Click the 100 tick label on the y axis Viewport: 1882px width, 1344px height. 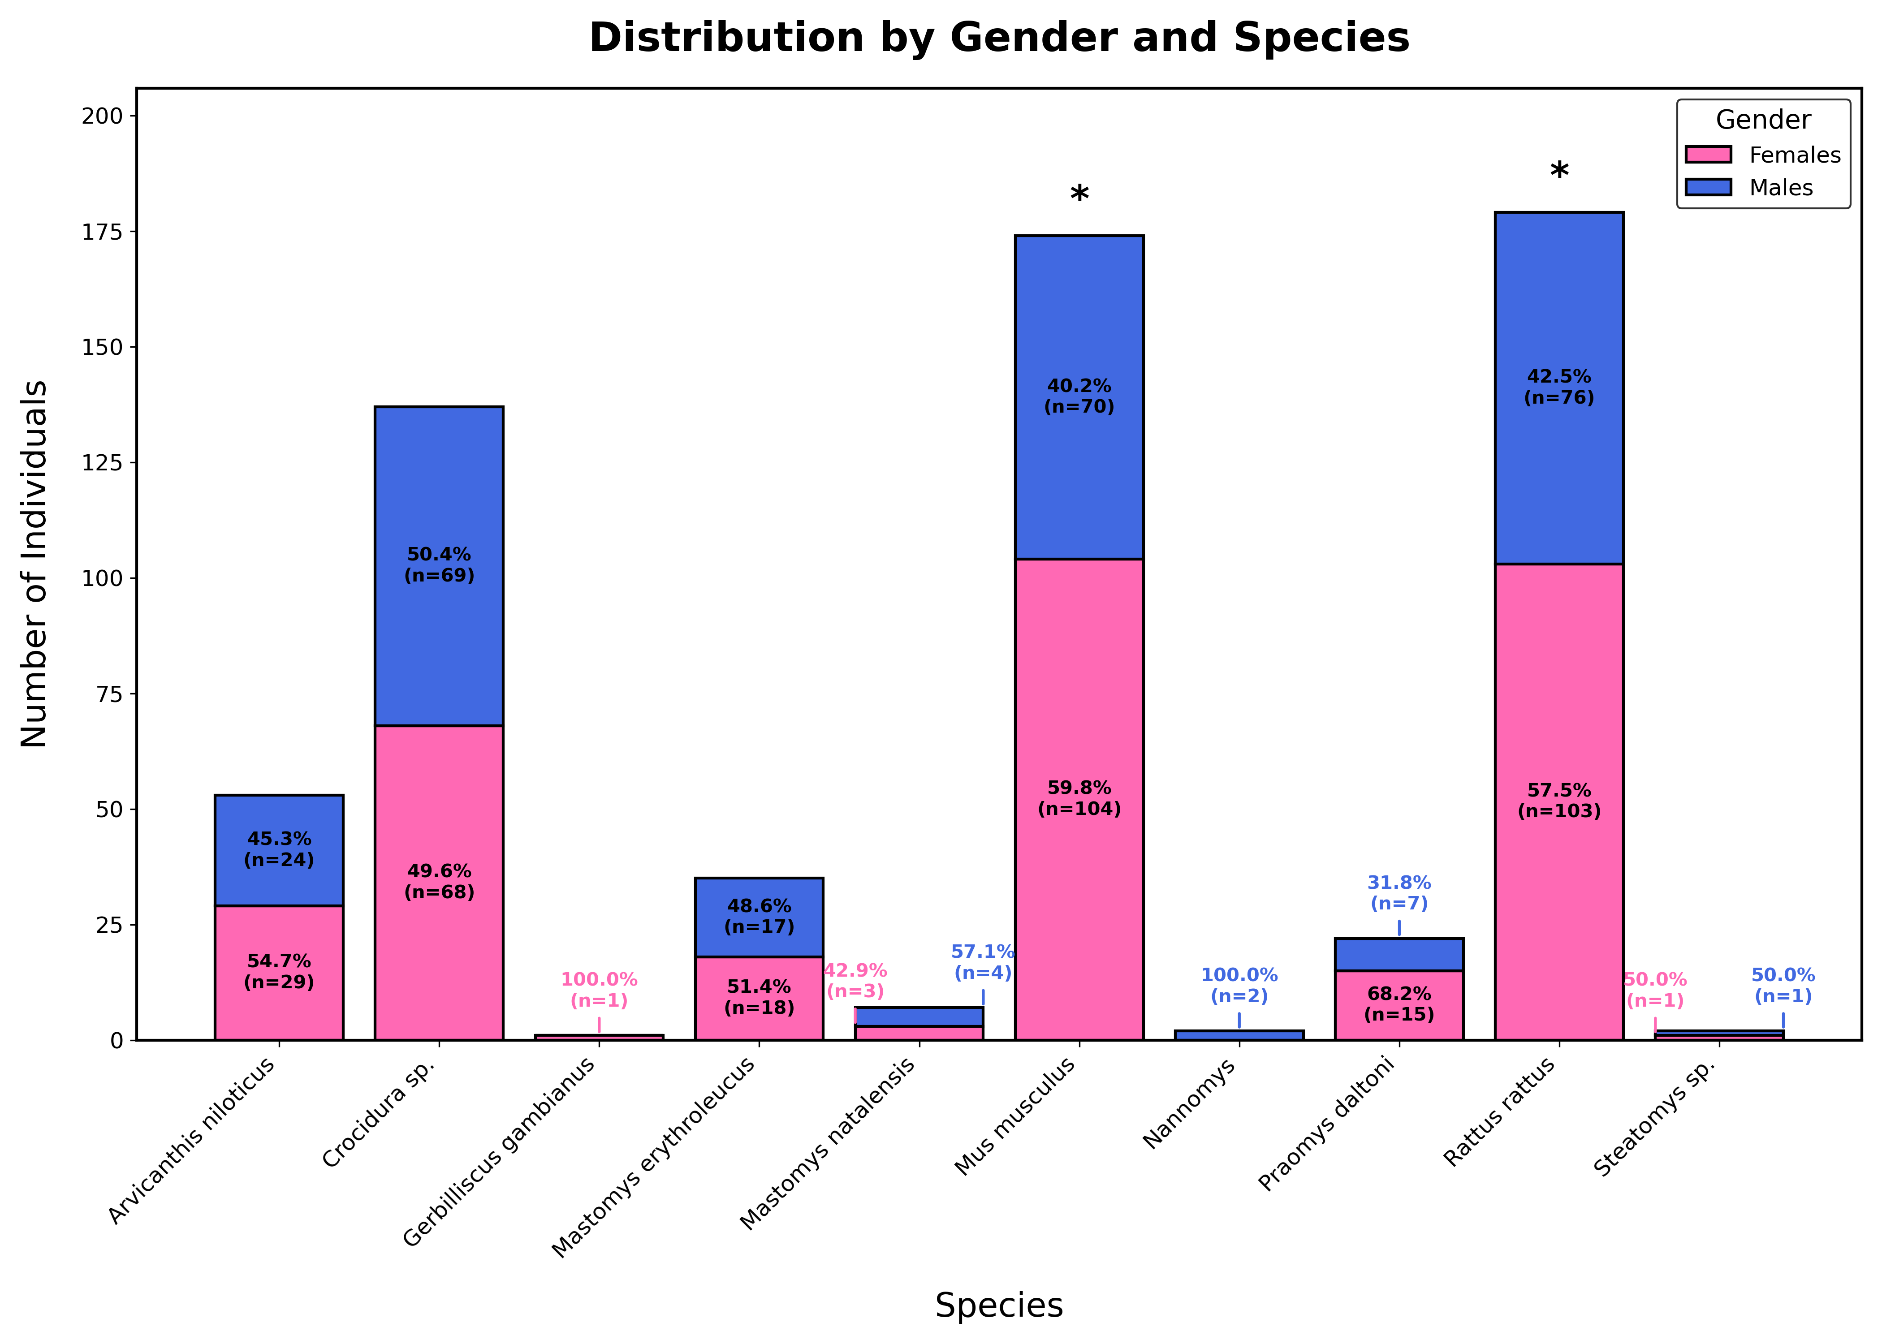pyautogui.click(x=101, y=578)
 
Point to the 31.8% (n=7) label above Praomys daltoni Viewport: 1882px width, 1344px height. pyautogui.click(x=1399, y=893)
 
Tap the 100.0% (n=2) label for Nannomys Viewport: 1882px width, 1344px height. pyautogui.click(x=1239, y=986)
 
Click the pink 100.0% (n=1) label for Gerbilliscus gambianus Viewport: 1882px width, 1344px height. pyautogui.click(x=599, y=990)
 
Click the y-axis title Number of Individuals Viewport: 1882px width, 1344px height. pyautogui.click(x=35, y=564)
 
